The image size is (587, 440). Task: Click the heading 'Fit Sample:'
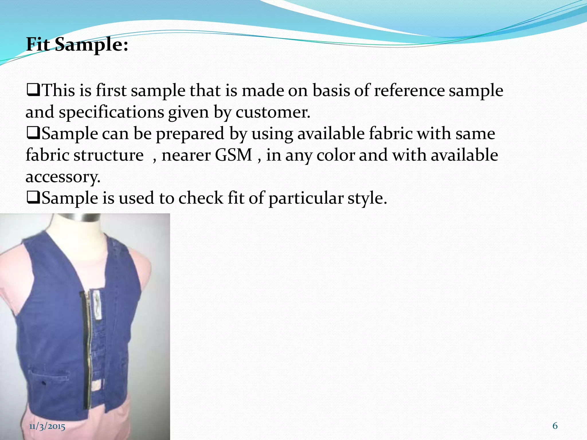[77, 45]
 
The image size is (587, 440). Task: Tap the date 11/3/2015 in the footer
[47, 426]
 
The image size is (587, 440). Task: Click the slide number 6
[555, 426]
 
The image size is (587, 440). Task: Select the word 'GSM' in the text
[233, 155]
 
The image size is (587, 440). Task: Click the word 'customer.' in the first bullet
[273, 112]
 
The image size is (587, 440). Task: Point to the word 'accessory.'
[63, 177]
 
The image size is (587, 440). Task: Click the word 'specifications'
[111, 112]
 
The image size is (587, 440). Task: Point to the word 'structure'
[108, 155]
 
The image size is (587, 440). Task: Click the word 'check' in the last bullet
[201, 198]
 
